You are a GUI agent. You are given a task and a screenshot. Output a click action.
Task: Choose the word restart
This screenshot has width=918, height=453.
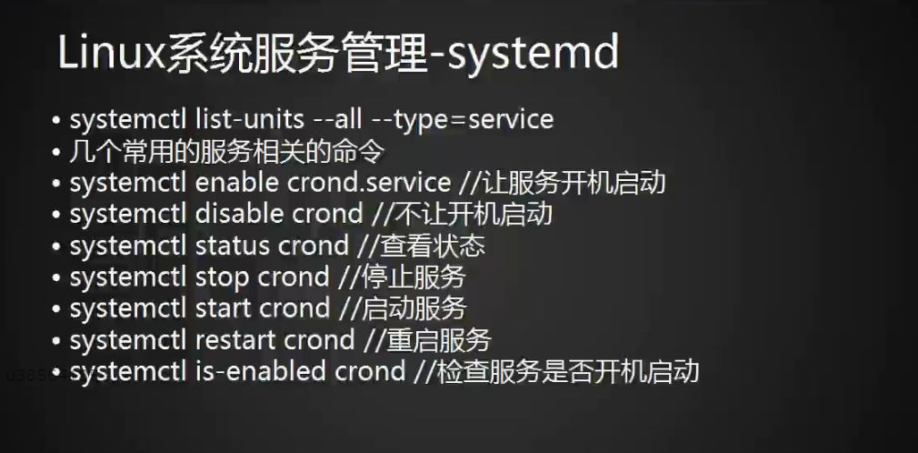click(x=235, y=340)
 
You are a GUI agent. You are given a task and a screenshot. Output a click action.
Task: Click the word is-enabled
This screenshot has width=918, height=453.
click(x=261, y=371)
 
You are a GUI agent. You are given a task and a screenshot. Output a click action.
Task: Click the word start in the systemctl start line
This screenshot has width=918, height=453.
click(x=224, y=308)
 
